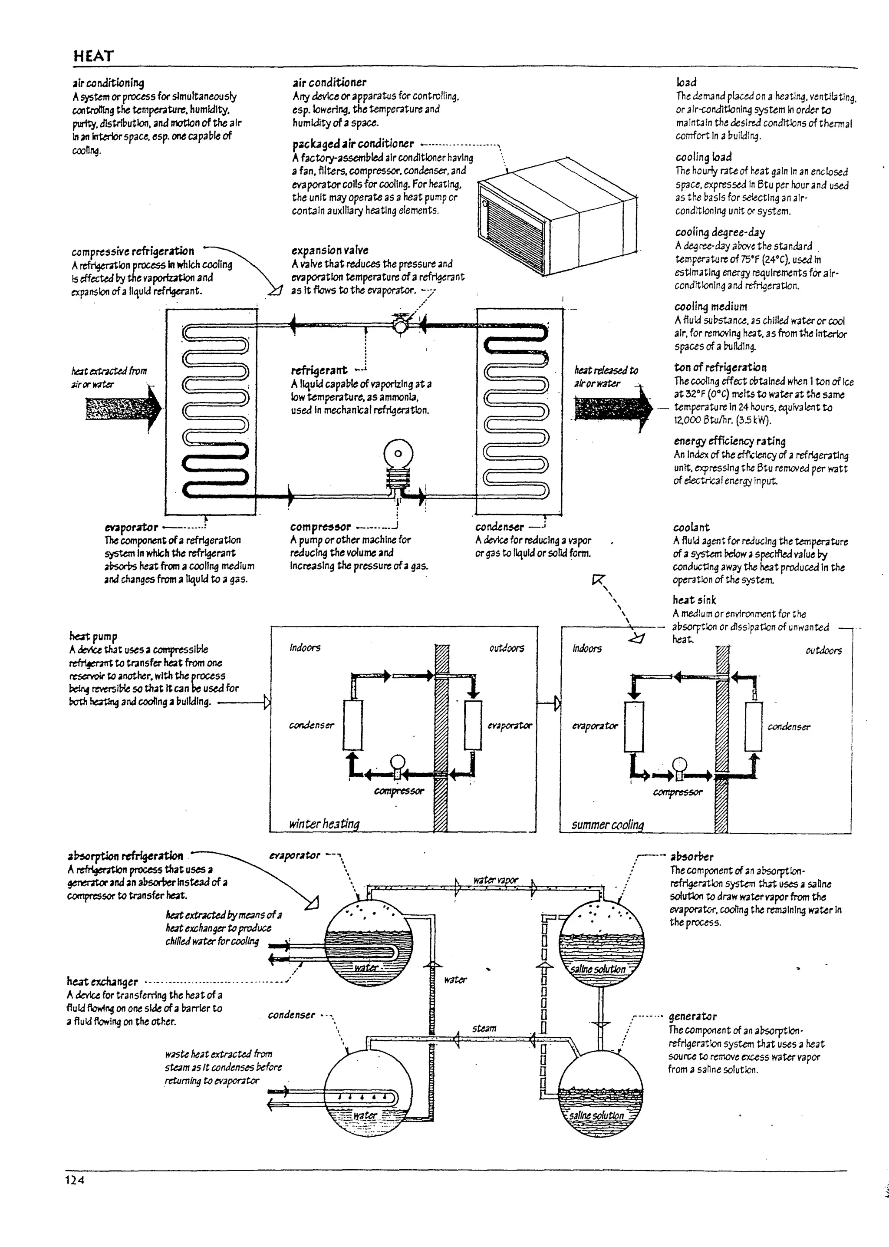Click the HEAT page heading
tap(94, 56)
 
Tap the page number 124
tap(75, 1195)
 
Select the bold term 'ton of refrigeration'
tap(720, 367)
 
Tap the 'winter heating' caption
tap(324, 823)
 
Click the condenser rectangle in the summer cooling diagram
tap(753, 726)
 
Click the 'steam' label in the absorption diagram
tap(484, 1029)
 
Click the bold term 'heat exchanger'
tap(102, 982)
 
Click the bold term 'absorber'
tap(691, 857)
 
